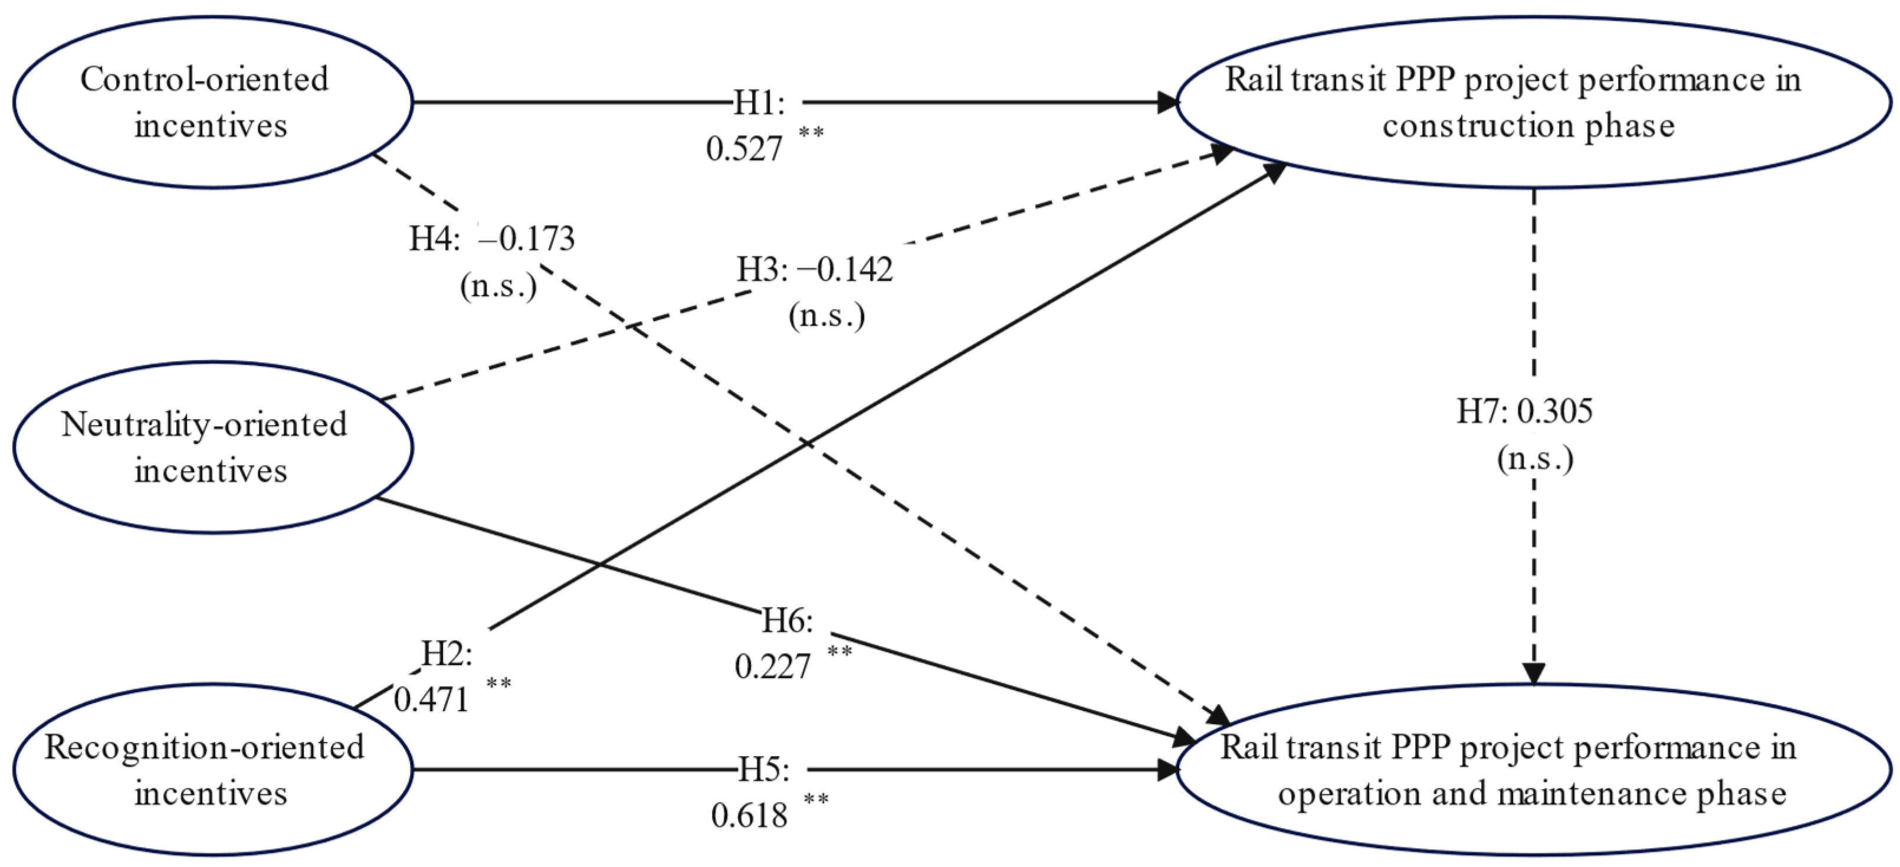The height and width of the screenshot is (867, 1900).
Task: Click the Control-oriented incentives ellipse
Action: click(212, 102)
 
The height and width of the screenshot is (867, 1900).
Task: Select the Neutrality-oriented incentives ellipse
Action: click(212, 447)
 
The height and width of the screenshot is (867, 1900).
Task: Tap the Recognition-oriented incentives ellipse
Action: click(212, 770)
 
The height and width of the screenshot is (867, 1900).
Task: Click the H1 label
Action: click(757, 102)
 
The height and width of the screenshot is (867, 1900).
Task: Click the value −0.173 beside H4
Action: click(526, 238)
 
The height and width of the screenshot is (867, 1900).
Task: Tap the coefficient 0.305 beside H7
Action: click(1555, 411)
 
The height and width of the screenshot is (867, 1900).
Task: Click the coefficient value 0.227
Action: click(772, 666)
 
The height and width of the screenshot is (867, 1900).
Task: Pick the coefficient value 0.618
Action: click(749, 815)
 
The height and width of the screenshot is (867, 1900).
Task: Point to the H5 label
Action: click(763, 770)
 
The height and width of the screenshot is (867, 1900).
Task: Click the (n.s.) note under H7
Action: click(1535, 459)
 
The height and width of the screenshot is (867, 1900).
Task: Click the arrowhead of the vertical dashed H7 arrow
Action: click(1534, 673)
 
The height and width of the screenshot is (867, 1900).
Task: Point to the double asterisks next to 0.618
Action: click(816, 799)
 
